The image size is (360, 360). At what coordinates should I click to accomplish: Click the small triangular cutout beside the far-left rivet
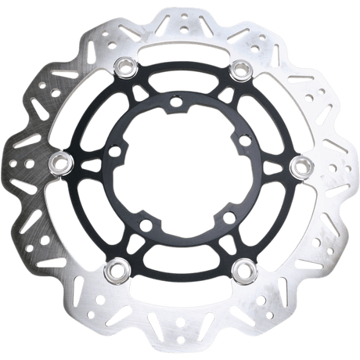pos(85,164)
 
